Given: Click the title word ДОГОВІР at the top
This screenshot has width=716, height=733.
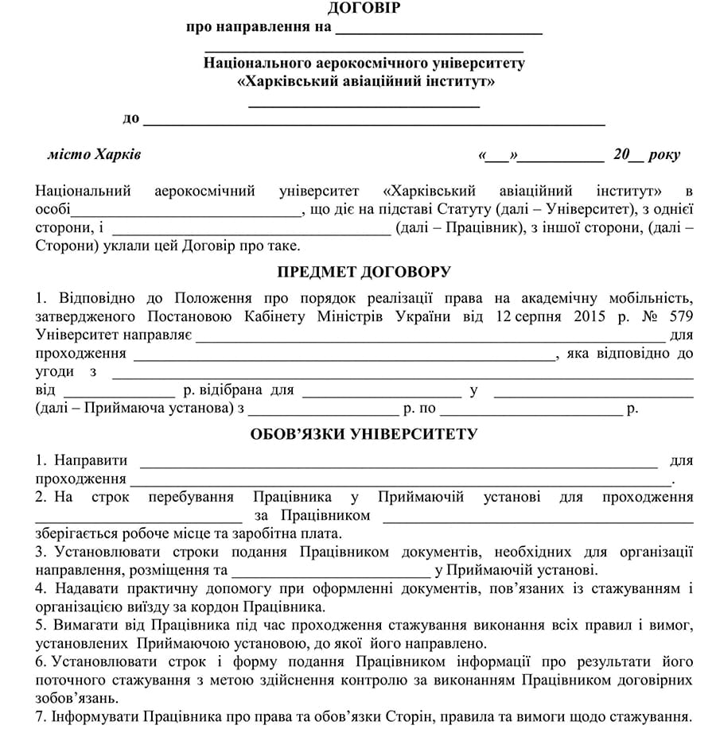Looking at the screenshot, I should click(364, 9).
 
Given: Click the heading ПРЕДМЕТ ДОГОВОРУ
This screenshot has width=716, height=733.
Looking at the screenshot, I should click(364, 272).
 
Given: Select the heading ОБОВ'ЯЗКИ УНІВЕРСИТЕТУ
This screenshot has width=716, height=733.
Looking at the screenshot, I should click(364, 434).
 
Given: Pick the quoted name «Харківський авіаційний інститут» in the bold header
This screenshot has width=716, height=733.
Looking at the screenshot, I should click(364, 82).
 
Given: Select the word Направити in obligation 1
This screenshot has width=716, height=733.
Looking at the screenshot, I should click(91, 460).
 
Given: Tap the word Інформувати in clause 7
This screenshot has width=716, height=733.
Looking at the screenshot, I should click(93, 716).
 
